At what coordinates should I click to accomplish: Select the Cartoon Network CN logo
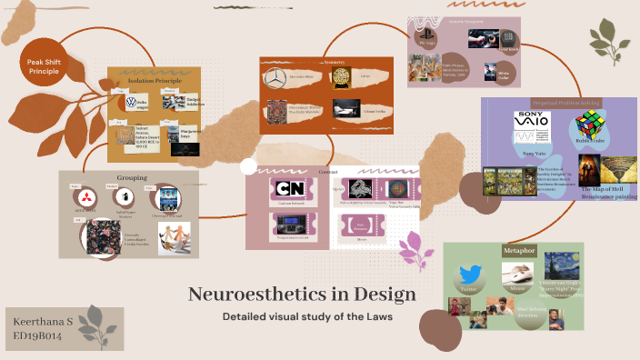pyautogui.click(x=291, y=189)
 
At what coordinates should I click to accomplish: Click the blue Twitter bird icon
pyautogui.click(x=469, y=275)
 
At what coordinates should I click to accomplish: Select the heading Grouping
pyautogui.click(x=132, y=177)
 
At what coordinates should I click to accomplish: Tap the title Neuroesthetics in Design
pyautogui.click(x=303, y=295)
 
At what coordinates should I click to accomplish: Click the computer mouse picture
pyautogui.click(x=517, y=272)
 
